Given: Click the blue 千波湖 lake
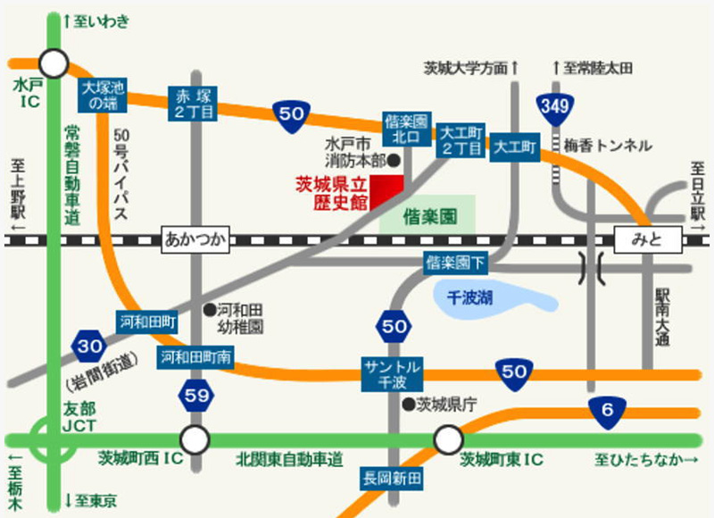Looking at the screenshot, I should [x=481, y=296].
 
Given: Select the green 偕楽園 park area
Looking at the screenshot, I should [x=428, y=215].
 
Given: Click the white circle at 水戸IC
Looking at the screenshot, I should [x=54, y=63].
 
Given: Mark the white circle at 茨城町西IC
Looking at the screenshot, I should [x=195, y=439].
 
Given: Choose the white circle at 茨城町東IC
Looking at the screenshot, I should [x=448, y=439].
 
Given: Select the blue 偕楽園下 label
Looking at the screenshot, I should [x=455, y=263].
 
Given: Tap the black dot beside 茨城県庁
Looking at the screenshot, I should [x=409, y=405].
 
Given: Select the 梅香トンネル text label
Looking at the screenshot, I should [x=608, y=145].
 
